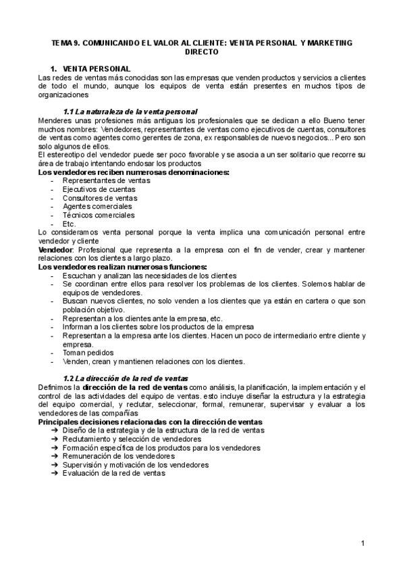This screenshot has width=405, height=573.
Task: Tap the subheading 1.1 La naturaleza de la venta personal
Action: [130, 111]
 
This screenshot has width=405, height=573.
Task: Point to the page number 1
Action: [362, 544]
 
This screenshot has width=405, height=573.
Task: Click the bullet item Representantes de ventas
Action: [102, 181]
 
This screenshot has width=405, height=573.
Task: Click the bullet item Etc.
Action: [69, 224]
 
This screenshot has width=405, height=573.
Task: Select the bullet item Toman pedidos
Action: [88, 352]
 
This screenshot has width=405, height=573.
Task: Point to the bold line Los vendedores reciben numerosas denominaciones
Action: [134, 172]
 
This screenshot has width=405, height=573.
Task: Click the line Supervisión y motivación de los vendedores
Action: [136, 465]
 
